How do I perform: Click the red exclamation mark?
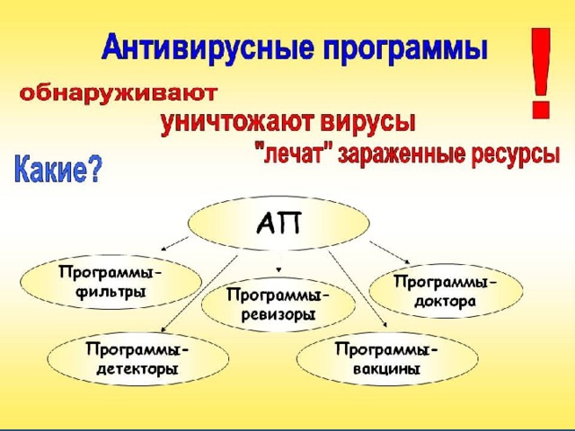click(541, 73)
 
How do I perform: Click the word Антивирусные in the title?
click(208, 48)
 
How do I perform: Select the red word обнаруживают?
click(119, 94)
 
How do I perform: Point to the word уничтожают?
click(237, 122)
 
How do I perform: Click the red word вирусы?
click(367, 122)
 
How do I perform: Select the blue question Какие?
click(57, 170)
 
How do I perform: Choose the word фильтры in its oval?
click(111, 293)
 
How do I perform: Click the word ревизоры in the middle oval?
click(279, 315)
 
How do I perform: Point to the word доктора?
click(446, 302)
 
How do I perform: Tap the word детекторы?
click(137, 368)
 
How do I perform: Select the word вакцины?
click(386, 368)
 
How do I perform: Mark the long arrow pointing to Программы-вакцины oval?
click(358, 288)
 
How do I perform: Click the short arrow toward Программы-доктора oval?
click(389, 252)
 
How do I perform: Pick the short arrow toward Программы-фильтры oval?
click(174, 243)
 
